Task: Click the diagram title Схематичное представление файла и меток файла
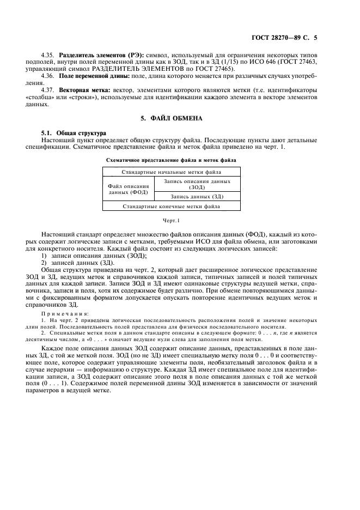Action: coord(170,161)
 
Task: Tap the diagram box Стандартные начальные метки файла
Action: coord(170,172)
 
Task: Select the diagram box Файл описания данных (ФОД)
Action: coord(129,189)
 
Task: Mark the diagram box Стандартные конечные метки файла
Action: coord(170,207)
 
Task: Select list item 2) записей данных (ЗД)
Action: coord(81,262)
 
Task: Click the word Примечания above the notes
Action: coord(65,314)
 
